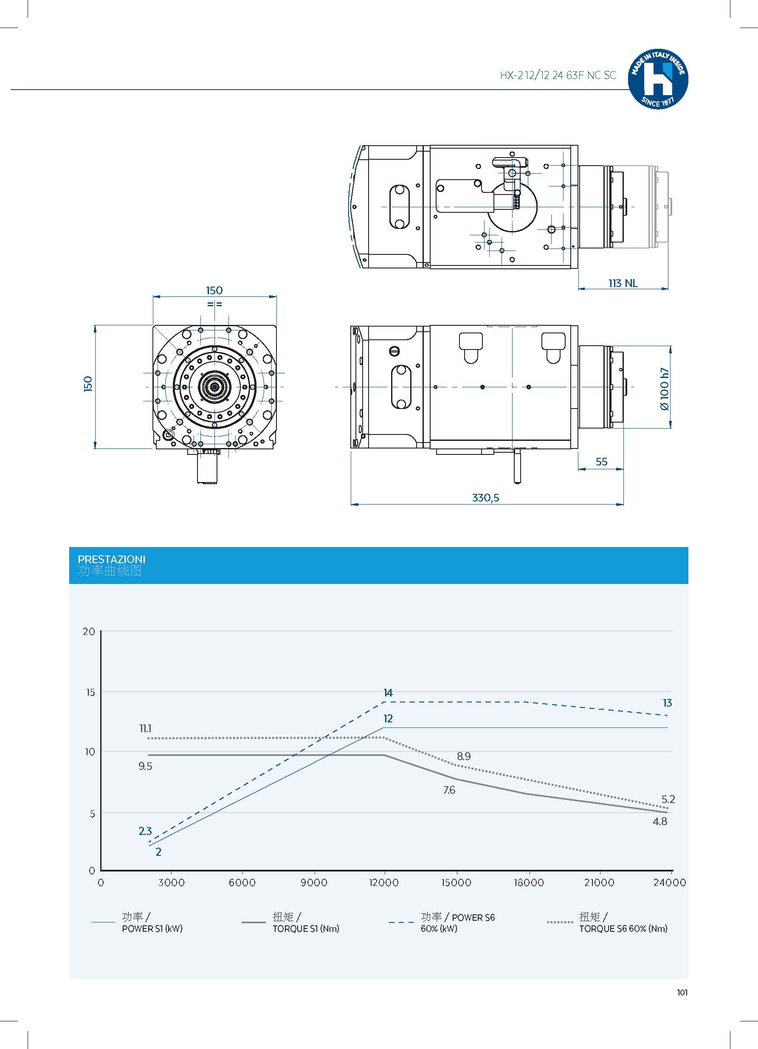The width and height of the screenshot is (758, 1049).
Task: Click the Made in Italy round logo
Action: [x=658, y=79]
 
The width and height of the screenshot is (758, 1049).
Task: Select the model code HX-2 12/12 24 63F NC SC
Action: [x=558, y=76]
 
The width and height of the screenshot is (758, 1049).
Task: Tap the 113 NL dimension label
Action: [x=623, y=283]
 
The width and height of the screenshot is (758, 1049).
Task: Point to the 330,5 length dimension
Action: [x=486, y=498]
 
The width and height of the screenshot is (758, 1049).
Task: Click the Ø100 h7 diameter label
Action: [x=664, y=389]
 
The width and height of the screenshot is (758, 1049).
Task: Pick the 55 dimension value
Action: [x=601, y=462]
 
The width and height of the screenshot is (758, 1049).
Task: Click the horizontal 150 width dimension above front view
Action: [x=214, y=290]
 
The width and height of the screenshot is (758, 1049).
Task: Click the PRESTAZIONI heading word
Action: [x=111, y=559]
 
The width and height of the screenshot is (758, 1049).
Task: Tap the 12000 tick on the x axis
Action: [x=384, y=883]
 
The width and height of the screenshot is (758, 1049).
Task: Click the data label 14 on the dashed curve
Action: [x=388, y=692]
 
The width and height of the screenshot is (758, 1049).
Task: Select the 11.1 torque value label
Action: [x=145, y=728]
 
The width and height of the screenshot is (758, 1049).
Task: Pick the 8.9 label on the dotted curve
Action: [x=463, y=756]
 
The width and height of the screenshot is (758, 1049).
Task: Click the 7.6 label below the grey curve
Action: [x=449, y=790]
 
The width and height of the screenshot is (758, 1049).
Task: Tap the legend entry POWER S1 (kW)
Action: [x=152, y=929]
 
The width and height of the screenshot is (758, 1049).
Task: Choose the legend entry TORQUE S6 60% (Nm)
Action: [x=623, y=929]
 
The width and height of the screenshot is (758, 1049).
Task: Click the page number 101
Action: [x=682, y=992]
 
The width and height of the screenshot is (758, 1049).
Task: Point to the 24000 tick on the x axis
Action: [x=669, y=883]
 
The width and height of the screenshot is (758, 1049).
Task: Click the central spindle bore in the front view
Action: [x=214, y=386]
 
